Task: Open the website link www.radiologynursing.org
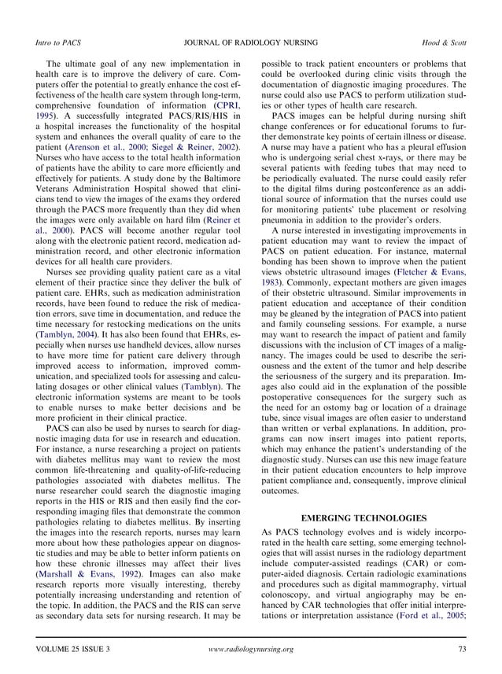252,649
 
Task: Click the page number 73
461,649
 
